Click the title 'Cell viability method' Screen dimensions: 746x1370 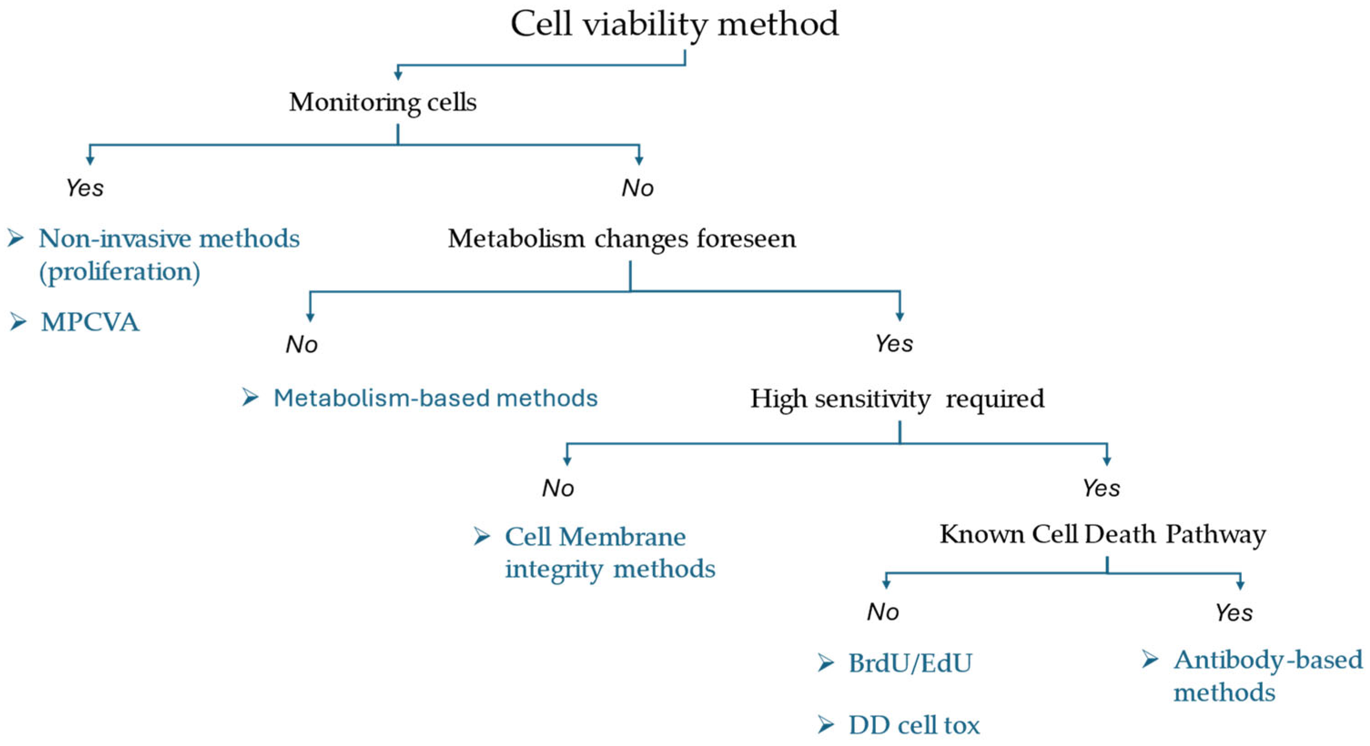click(x=674, y=24)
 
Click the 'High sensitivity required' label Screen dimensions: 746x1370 click(x=897, y=399)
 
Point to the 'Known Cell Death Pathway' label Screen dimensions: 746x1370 click(x=1102, y=534)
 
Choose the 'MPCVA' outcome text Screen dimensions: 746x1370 click(x=90, y=322)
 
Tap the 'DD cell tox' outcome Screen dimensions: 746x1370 click(x=914, y=725)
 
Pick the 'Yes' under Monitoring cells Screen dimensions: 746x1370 click(x=85, y=188)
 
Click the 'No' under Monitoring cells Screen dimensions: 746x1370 click(x=637, y=188)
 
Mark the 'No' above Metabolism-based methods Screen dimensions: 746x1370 click(x=302, y=344)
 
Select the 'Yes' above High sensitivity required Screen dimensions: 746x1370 click(x=894, y=343)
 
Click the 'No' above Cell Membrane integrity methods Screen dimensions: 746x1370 click(x=558, y=488)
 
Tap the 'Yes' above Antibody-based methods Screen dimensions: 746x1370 click(x=1234, y=613)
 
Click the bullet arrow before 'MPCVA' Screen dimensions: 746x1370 click(x=18, y=322)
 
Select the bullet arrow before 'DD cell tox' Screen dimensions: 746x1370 click(x=826, y=725)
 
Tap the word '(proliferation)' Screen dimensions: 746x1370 click(x=120, y=272)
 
